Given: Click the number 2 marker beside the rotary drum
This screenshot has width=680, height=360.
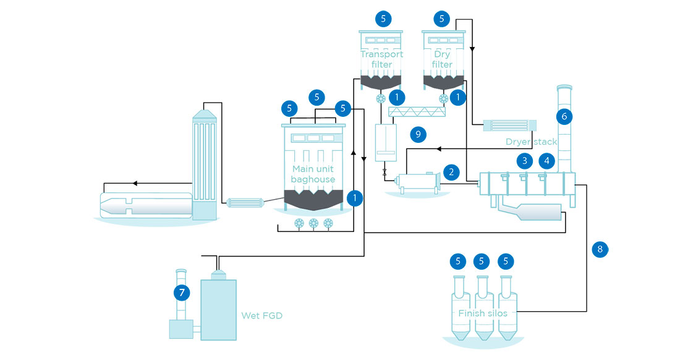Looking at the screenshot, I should pos(452,173).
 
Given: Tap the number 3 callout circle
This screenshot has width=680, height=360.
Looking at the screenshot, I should pos(525,161).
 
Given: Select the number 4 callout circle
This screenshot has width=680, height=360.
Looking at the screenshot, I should pos(546,161).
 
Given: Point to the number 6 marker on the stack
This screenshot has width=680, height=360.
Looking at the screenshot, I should pos(563,115).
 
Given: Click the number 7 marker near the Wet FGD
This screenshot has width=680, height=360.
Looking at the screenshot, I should pos(181,291).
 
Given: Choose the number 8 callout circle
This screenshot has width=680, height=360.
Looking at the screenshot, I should pos(599,249).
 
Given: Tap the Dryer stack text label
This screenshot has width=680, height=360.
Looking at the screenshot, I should pos(531,142).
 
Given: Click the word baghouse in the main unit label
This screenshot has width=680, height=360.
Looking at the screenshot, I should pos(313,179).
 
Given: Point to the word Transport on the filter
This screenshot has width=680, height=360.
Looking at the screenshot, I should pos(381,54).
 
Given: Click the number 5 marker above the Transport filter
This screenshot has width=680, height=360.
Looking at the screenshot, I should pos(383,19).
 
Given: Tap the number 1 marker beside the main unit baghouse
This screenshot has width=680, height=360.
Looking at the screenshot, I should pos(355,198).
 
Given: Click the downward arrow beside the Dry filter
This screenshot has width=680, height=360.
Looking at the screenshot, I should pos(471,48).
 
